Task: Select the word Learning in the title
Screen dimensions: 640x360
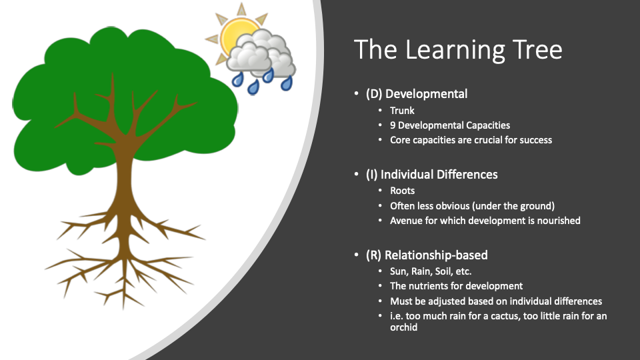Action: click(454, 51)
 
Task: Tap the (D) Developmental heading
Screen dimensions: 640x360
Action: click(417, 94)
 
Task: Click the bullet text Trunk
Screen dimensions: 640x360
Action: click(402, 111)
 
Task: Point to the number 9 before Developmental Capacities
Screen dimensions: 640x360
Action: click(393, 125)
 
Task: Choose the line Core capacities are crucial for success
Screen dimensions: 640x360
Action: click(471, 140)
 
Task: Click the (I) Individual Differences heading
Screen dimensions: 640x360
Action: click(432, 175)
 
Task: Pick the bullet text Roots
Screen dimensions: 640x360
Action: click(403, 191)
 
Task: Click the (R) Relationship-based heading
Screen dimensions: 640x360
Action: click(427, 255)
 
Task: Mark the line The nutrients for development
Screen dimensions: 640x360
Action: click(456, 286)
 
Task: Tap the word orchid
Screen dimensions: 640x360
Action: click(404, 327)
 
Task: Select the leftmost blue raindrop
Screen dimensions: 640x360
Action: click(237, 79)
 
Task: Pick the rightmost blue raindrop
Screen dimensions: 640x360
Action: click(287, 83)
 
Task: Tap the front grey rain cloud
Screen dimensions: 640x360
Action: click(249, 57)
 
